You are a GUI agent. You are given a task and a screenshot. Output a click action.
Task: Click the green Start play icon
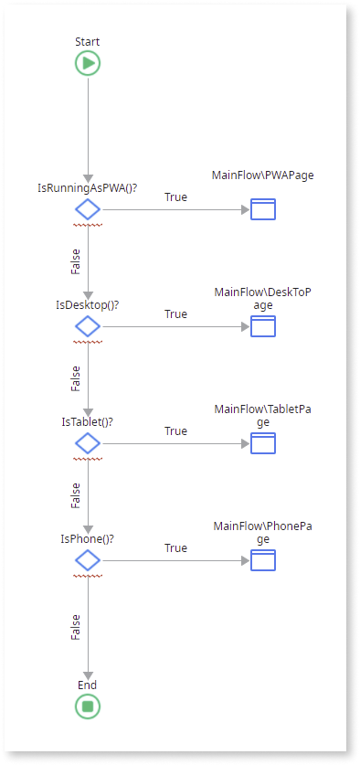pos(88,63)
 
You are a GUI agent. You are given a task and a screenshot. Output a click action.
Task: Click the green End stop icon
pos(88,706)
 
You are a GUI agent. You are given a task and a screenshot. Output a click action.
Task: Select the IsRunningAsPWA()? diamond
pos(88,209)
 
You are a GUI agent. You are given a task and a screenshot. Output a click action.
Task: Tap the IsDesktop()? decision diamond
pos(88,326)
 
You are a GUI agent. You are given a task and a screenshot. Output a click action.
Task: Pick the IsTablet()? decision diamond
pos(88,443)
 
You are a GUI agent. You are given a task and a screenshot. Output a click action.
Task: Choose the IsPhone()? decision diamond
pos(88,560)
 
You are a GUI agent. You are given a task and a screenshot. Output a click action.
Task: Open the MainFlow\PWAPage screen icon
pos(263,209)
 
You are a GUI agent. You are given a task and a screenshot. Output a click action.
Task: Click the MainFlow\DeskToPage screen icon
pos(263,326)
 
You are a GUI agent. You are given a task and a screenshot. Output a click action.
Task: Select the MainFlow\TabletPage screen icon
pos(263,443)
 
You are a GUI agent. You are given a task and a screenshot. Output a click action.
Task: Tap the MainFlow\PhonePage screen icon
pos(263,560)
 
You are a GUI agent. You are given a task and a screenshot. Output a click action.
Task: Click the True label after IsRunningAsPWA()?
pos(175,197)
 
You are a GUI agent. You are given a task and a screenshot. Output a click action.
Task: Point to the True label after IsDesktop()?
pos(175,313)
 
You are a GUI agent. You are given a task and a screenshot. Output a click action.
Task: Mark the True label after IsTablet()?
pos(175,430)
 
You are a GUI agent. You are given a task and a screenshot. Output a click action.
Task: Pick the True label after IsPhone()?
pos(175,547)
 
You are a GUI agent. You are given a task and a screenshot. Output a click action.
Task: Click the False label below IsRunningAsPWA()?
pos(76,261)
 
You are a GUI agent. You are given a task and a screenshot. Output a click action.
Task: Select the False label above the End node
pos(76,627)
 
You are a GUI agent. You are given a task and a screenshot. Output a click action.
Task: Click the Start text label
pos(88,41)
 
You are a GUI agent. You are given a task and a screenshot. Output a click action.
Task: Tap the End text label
pos(88,685)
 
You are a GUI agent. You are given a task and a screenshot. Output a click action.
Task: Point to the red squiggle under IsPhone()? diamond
pos(88,576)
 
